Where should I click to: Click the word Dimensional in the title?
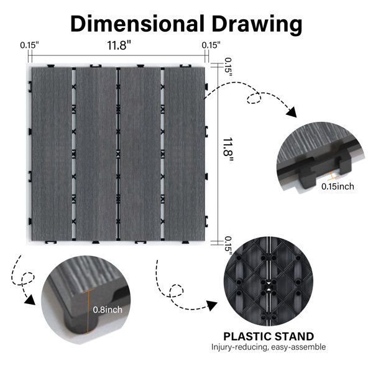(137, 24)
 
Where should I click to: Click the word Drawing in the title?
(257, 25)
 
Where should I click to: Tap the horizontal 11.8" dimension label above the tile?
(119, 45)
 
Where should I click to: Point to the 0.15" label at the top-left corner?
(29, 45)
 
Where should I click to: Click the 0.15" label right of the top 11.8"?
(211, 45)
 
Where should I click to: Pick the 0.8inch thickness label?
(108, 310)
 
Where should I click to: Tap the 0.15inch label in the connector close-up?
(338, 186)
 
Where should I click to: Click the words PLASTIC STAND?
(269, 336)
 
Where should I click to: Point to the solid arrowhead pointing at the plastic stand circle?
(212, 305)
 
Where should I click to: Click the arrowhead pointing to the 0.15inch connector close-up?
(292, 112)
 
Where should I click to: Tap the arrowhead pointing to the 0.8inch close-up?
(30, 300)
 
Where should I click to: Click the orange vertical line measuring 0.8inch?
(88, 311)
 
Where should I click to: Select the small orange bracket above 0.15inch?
(332, 176)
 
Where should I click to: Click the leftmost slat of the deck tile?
(52, 154)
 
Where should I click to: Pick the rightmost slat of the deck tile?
(185, 154)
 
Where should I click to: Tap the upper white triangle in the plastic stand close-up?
(269, 283)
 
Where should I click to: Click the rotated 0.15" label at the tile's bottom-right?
(228, 246)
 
